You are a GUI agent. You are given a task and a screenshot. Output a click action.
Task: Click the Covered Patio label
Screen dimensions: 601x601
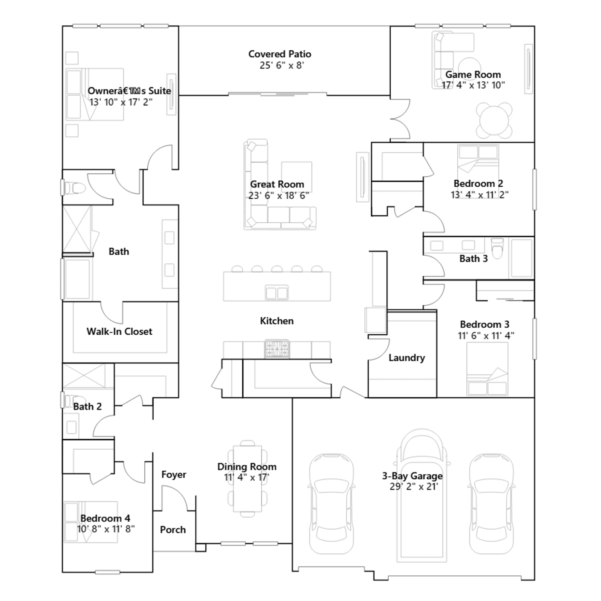click(x=280, y=54)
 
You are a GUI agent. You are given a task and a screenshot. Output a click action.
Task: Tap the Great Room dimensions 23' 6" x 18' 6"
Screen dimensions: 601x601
click(x=279, y=195)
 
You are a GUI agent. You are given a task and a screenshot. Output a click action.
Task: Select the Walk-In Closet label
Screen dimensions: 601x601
click(x=119, y=331)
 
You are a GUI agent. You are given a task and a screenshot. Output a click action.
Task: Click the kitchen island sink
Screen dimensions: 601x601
click(x=277, y=293)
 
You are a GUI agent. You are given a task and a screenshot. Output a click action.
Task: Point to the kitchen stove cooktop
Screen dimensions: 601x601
click(x=277, y=349)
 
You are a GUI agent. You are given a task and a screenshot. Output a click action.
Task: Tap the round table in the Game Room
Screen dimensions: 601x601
click(x=494, y=120)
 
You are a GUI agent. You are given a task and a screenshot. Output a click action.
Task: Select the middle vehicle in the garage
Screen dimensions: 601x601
click(x=422, y=495)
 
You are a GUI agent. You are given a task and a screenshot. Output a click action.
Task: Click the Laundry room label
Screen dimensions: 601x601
click(x=407, y=358)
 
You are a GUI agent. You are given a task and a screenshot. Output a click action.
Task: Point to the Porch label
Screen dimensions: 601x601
click(x=173, y=530)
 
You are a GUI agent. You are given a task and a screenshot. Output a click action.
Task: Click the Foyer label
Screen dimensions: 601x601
click(x=174, y=474)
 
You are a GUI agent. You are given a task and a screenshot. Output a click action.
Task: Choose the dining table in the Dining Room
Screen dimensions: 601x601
click(x=247, y=479)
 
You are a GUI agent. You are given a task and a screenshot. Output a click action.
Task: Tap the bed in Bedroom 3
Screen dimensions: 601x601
click(x=487, y=369)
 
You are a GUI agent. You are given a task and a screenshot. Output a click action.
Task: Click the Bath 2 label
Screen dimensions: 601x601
click(x=87, y=406)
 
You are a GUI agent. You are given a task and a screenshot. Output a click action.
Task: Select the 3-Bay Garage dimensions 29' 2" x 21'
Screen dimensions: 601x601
click(x=414, y=486)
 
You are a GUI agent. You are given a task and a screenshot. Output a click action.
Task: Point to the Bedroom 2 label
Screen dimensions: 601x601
click(x=478, y=183)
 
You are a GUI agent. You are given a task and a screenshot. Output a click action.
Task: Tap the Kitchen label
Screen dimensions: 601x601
click(x=277, y=321)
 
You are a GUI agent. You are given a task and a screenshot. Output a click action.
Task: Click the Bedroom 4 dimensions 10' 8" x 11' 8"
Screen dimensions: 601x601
click(x=106, y=529)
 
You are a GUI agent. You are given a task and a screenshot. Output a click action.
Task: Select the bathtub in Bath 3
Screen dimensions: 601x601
click(x=522, y=258)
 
